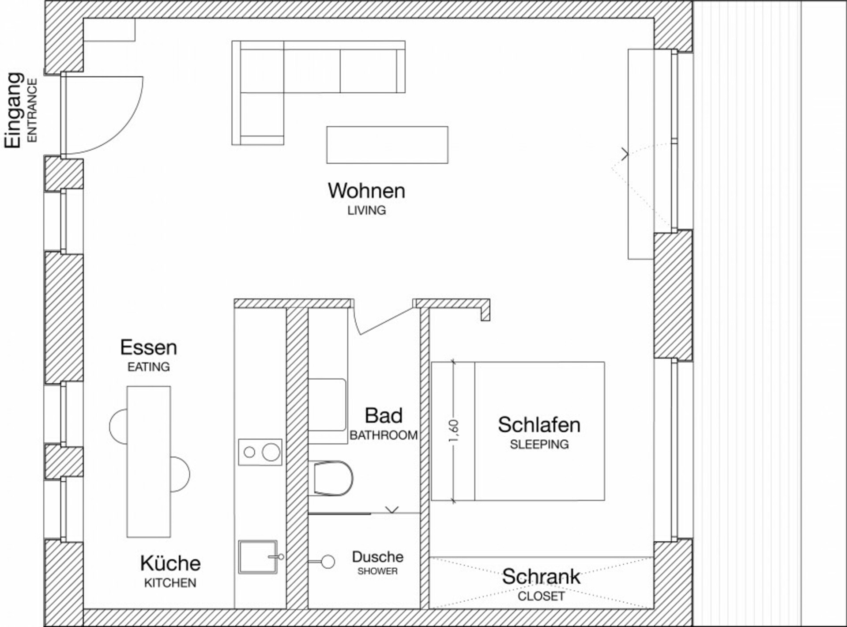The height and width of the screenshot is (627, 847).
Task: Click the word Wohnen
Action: pos(366,191)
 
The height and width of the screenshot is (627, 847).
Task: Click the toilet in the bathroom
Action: pos(331,478)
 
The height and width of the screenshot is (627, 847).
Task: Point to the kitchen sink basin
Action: pos(259,557)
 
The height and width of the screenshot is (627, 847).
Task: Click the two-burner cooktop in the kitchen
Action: pos(260,452)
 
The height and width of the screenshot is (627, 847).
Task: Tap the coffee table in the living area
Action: pos(387,145)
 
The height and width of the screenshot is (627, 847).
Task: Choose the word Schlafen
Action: pos(539,425)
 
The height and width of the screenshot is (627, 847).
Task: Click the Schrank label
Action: pos(541,577)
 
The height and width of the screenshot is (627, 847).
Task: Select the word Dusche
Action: pos(377,557)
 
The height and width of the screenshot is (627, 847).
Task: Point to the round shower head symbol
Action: pos(328,562)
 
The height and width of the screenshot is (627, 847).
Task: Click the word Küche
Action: pos(170,563)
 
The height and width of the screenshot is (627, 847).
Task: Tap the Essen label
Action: pos(148,347)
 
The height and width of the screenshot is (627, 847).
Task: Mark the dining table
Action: pos(149,462)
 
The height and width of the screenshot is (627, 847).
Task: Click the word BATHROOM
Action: pos(383,435)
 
